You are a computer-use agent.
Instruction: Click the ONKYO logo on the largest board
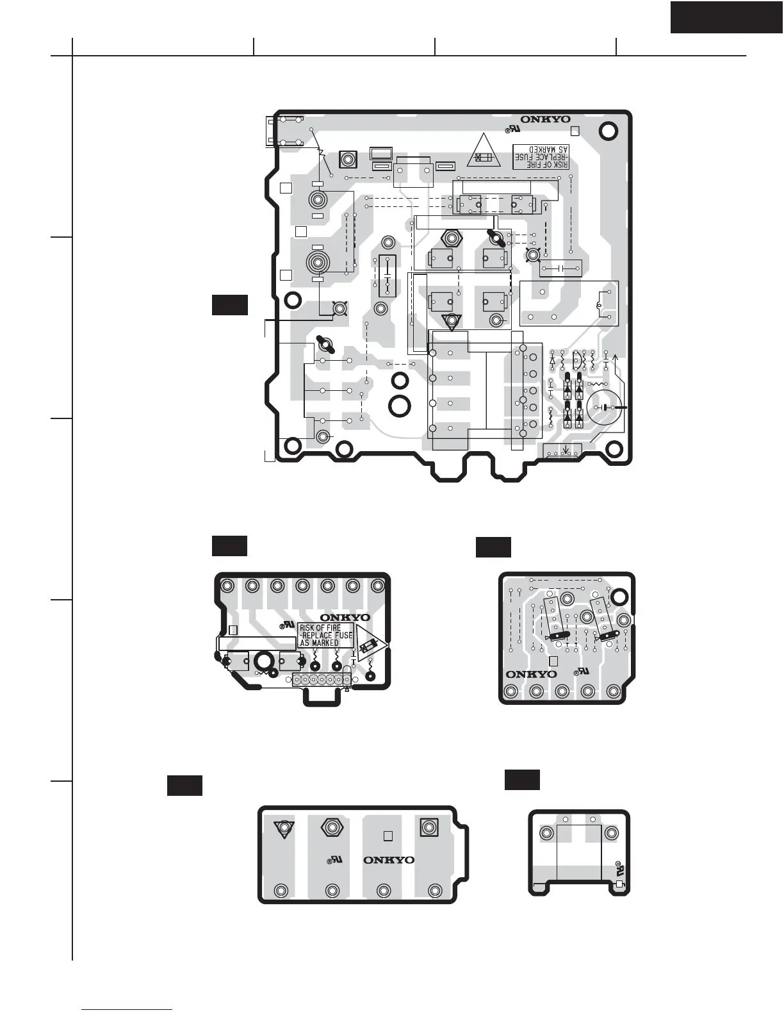545,119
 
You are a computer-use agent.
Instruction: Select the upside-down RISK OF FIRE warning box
542,156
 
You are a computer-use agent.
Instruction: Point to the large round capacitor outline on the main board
603,407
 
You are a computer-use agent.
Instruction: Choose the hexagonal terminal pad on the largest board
452,238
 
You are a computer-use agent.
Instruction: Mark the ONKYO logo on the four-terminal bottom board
389,860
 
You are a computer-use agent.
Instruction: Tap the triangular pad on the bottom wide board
282,828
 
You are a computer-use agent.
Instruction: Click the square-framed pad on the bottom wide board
429,827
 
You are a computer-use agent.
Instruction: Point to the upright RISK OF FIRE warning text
325,635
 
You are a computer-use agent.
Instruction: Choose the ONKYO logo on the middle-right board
531,674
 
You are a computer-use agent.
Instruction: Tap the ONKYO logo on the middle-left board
345,618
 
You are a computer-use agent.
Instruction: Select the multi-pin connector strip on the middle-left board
320,680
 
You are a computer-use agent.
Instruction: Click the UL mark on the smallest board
619,870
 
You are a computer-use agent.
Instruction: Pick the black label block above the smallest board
522,779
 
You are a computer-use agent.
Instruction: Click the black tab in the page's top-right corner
726,17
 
